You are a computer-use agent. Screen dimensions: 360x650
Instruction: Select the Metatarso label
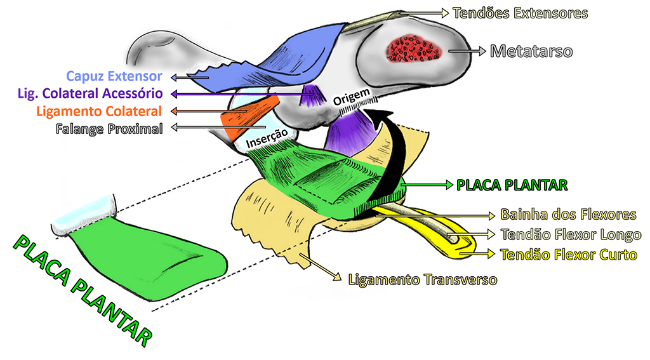point(531,51)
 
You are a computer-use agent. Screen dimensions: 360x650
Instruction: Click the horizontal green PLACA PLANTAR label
point(511,185)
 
